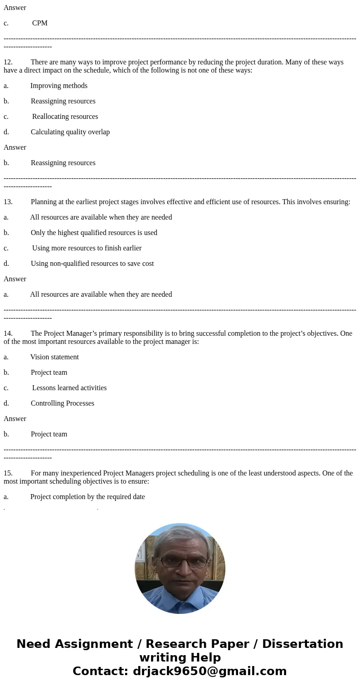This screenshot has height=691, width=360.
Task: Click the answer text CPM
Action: point(39,23)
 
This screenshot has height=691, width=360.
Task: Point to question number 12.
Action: point(8,62)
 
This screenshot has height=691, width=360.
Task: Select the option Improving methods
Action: point(58,86)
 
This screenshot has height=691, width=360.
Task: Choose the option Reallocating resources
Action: point(65,117)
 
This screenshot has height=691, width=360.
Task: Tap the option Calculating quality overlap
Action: point(70,132)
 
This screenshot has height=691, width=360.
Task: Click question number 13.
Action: point(8,202)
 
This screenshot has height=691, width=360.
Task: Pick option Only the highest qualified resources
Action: point(94,233)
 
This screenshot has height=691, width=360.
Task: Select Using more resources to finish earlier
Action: point(87,248)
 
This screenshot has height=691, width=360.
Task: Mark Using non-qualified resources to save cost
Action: point(92,264)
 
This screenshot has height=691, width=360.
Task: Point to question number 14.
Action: point(8,333)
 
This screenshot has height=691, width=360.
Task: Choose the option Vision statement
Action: point(54,357)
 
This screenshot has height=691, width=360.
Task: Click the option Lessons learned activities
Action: point(69,388)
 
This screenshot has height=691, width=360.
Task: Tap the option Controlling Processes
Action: point(62,403)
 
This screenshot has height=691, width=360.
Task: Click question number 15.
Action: point(8,473)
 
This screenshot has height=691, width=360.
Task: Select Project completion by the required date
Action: point(88,497)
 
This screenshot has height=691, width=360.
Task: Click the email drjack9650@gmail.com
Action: point(209,671)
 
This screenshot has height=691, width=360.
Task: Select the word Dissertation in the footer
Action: point(302,644)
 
